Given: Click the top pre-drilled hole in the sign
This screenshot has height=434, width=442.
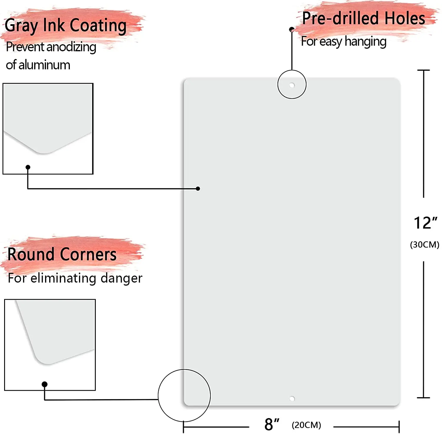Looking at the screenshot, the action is (x=292, y=85).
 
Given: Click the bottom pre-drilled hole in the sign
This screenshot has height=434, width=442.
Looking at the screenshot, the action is (x=292, y=399).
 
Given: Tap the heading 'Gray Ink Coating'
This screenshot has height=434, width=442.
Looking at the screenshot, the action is (x=66, y=25).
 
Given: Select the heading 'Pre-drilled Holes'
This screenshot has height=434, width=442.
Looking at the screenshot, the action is (x=364, y=18).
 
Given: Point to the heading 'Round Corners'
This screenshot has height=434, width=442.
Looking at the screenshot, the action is (x=62, y=254).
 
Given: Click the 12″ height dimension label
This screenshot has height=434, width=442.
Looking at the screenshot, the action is (x=425, y=223).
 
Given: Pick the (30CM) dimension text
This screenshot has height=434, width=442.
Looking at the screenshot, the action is (x=425, y=245).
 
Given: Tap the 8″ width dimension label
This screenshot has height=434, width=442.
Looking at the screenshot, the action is (x=271, y=424).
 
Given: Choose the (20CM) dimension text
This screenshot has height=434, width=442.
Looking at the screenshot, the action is (x=306, y=425).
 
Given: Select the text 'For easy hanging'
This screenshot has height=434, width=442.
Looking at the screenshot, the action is (x=344, y=42).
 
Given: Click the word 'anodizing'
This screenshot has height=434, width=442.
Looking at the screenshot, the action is (x=71, y=47).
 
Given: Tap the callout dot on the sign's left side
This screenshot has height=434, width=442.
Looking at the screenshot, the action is (x=198, y=189).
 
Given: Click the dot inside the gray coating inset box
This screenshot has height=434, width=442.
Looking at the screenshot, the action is (x=28, y=167).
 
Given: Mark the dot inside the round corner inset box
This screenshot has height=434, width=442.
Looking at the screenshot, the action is (x=44, y=384).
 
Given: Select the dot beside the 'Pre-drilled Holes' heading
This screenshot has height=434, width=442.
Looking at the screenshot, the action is (x=292, y=29).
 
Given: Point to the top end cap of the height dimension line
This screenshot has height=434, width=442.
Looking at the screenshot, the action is (x=424, y=70).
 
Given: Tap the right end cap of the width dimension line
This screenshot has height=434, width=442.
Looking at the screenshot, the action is (x=399, y=427).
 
